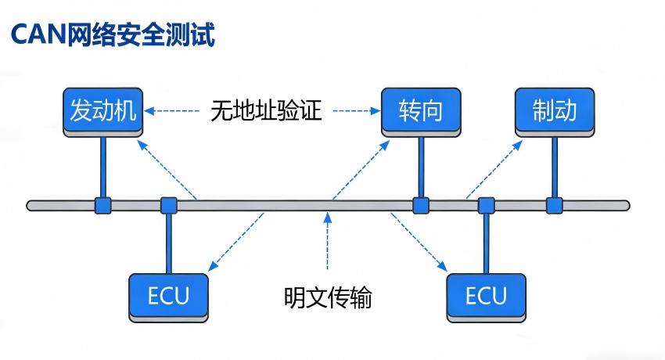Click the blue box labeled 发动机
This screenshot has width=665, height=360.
(x=102, y=110)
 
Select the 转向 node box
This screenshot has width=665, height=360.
(x=420, y=110)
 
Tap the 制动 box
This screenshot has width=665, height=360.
(x=555, y=110)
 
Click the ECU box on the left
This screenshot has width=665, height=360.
(x=168, y=296)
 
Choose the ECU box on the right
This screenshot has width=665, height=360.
(x=486, y=296)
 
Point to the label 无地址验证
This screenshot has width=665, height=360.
(x=266, y=110)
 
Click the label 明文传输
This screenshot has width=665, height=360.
(x=328, y=297)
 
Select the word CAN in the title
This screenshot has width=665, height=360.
(x=37, y=34)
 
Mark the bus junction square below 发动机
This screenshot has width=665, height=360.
(x=102, y=206)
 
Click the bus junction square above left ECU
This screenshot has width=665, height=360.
(x=168, y=206)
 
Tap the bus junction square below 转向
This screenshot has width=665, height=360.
(x=421, y=206)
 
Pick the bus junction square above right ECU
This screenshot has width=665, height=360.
(x=486, y=206)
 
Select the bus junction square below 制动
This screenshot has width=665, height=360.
(x=555, y=206)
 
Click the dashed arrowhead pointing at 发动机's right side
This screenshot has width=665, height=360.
(x=149, y=111)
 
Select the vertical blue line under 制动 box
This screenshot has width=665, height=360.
(x=555, y=168)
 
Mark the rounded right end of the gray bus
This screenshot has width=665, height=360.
(x=625, y=206)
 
